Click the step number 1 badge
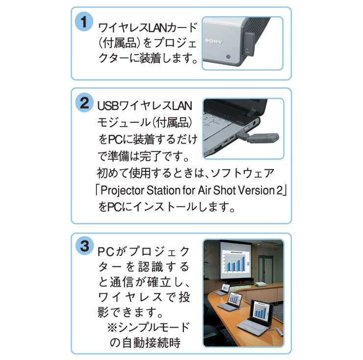pos(84,22)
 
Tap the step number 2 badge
pos(84,104)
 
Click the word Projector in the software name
pos(122,190)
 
